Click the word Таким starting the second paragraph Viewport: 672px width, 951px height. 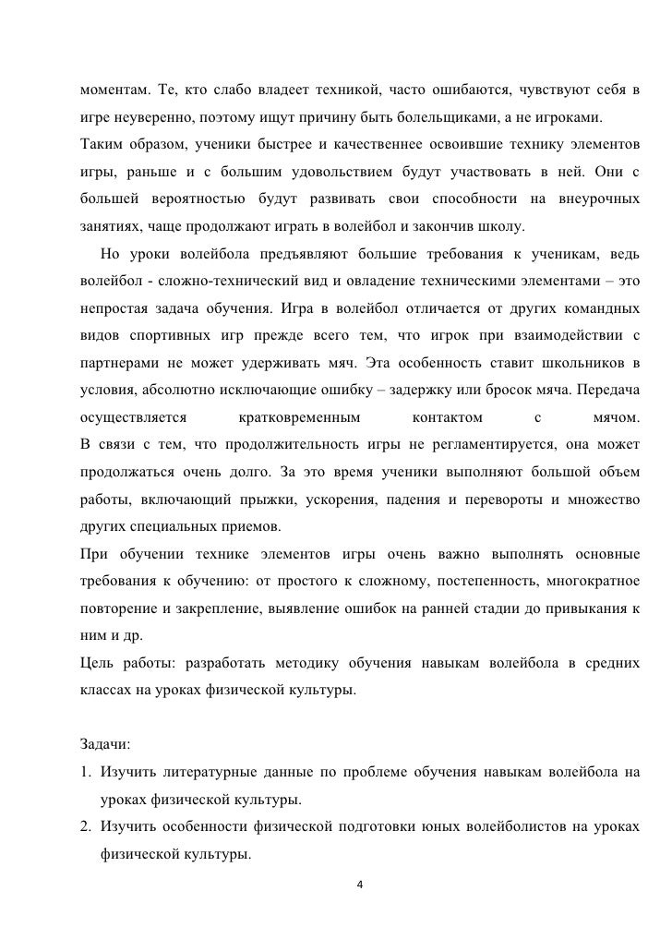(103, 145)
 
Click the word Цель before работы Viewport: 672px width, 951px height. (98, 663)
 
